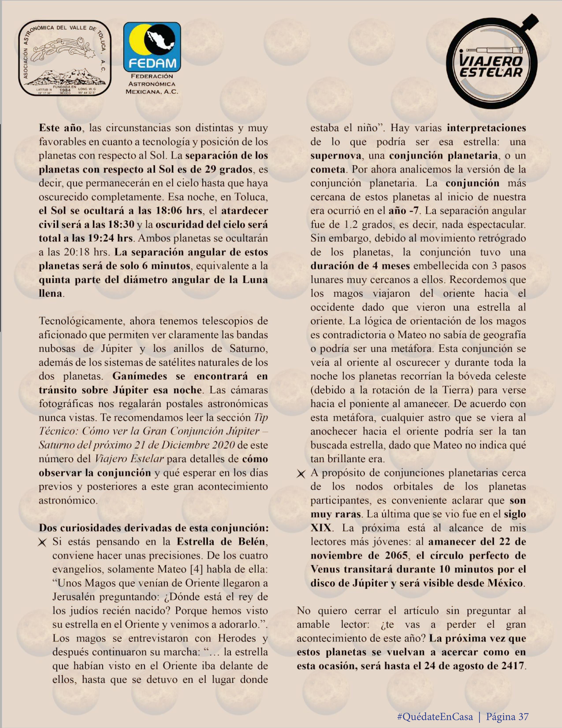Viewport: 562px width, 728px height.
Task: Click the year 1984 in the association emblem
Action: click(65, 90)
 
